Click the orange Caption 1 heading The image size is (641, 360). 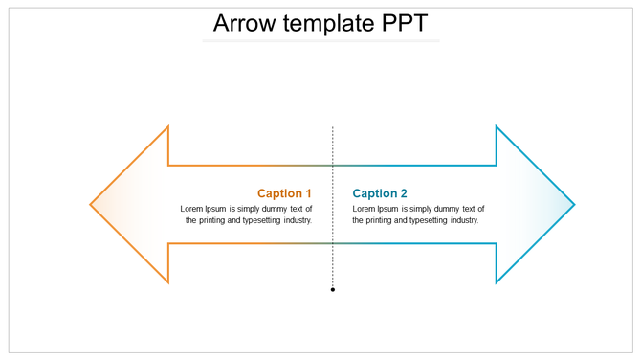tap(284, 193)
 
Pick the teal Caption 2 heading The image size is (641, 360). tap(380, 193)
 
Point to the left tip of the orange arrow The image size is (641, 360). tap(91, 204)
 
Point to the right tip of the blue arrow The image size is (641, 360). tap(574, 204)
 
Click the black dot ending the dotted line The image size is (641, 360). tap(333, 289)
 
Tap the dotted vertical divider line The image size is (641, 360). tap(333, 153)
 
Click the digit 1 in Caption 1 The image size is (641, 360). tap(308, 193)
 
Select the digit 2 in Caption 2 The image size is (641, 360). tap(404, 193)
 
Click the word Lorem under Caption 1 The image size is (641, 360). tap(191, 209)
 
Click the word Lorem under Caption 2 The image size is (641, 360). tap(364, 209)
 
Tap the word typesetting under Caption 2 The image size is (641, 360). tap(419, 220)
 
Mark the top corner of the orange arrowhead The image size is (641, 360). tap(168, 126)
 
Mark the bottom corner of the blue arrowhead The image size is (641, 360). tap(497, 282)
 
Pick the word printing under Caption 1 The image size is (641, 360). tap(213, 220)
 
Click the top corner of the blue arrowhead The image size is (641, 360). tap(497, 126)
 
